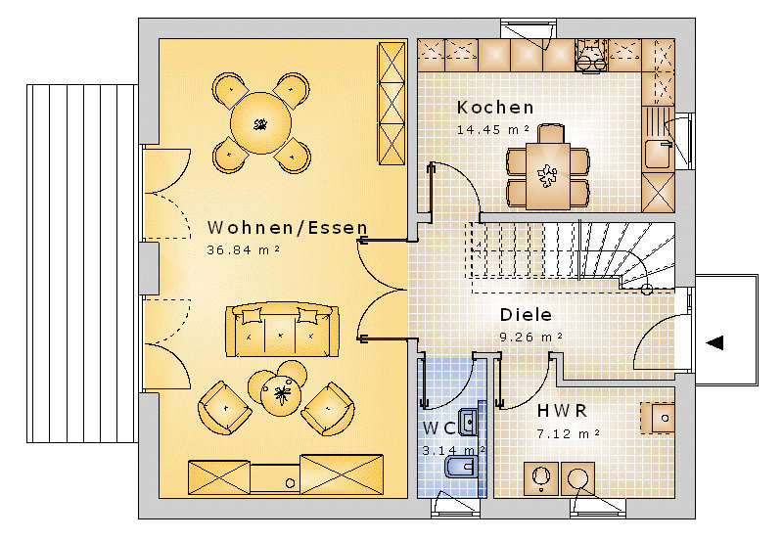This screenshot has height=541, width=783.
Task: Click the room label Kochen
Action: click(495, 108)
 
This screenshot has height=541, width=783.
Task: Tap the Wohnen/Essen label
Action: click(287, 228)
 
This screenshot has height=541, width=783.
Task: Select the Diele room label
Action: click(526, 315)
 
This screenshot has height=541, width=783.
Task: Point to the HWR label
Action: click(562, 411)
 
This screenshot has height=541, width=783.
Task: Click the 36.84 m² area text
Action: click(243, 249)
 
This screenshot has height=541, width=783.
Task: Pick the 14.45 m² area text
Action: click(493, 130)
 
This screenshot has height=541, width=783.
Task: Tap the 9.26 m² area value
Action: click(531, 337)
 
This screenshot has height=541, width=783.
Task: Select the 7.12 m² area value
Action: click(569, 433)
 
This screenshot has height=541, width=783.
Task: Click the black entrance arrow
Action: click(714, 342)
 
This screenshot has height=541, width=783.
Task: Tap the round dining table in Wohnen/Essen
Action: click(260, 122)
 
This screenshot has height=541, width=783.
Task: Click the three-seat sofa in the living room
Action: click(282, 329)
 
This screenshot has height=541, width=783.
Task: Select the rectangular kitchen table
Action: click(548, 176)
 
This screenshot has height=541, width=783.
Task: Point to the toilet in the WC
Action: click(459, 469)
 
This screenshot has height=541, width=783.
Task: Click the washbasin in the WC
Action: click(469, 423)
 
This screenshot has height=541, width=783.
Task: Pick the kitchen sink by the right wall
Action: click(658, 155)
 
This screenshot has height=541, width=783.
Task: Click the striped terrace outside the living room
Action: click(82, 263)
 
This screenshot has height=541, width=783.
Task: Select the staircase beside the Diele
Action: click(573, 256)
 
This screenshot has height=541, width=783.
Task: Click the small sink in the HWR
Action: click(658, 418)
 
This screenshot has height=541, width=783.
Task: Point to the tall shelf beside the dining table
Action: click(392, 104)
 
